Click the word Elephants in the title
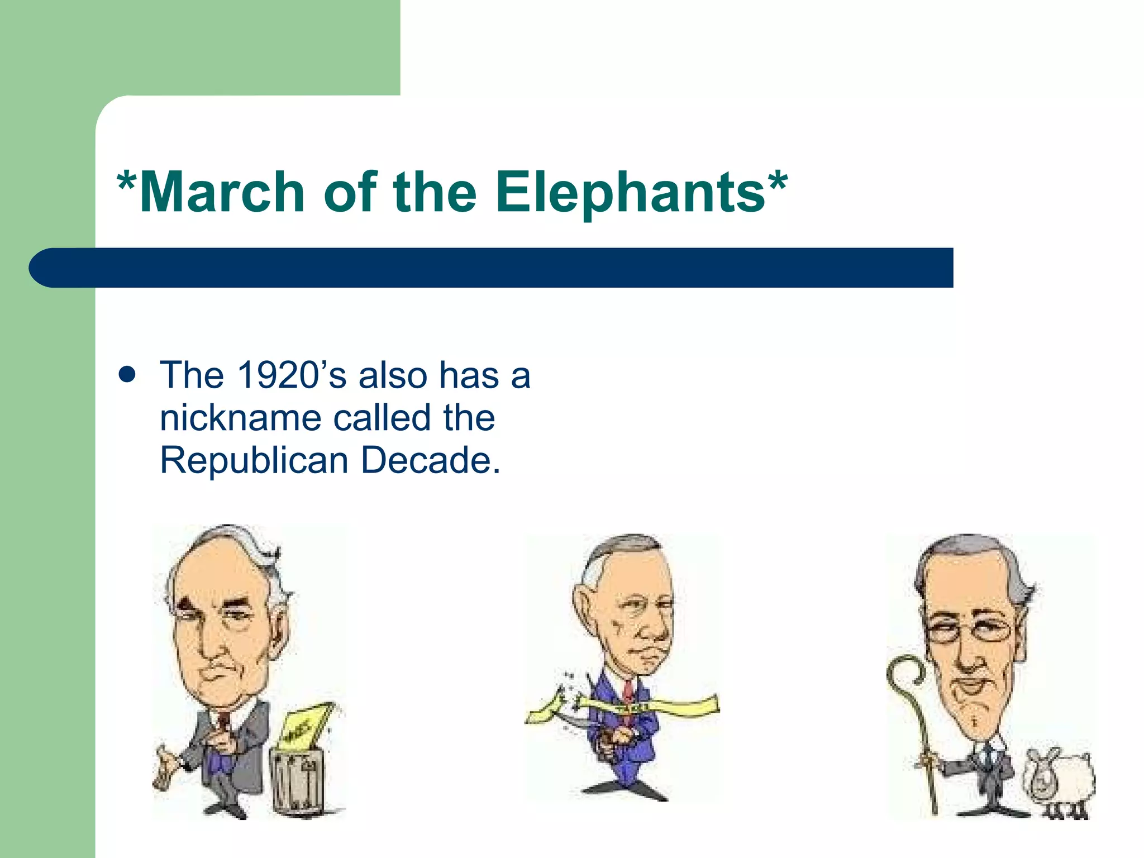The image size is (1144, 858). point(630,193)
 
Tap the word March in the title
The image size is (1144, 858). point(222,193)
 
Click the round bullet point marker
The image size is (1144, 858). point(127,375)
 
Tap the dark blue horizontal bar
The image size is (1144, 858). point(492,268)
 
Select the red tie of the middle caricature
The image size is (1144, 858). point(628,690)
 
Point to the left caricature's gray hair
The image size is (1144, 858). point(263,553)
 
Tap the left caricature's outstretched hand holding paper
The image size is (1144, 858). point(165,768)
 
